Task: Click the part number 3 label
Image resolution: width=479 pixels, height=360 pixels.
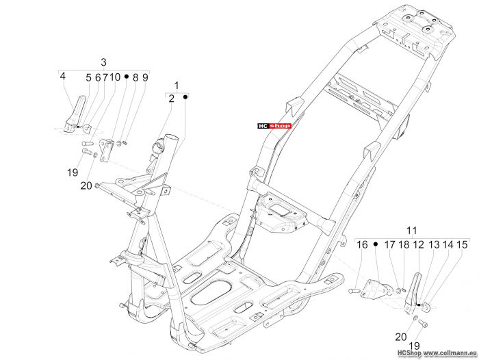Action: pyautogui.click(x=103, y=62)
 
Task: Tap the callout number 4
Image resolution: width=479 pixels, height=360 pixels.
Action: pyautogui.click(x=63, y=76)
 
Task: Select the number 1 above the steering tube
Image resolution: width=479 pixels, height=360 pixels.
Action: pyautogui.click(x=177, y=86)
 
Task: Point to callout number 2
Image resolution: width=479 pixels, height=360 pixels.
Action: pyautogui.click(x=171, y=99)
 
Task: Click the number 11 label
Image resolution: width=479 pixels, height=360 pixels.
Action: pyautogui.click(x=411, y=231)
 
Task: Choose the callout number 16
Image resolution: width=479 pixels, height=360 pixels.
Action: pyautogui.click(x=362, y=245)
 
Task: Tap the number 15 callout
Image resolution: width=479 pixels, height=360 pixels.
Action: pyautogui.click(x=462, y=245)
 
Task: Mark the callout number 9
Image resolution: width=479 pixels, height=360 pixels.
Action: pyautogui.click(x=145, y=77)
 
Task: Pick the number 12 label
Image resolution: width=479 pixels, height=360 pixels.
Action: pyautogui.click(x=419, y=245)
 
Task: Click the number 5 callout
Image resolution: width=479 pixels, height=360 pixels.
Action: pyautogui.click(x=88, y=77)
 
